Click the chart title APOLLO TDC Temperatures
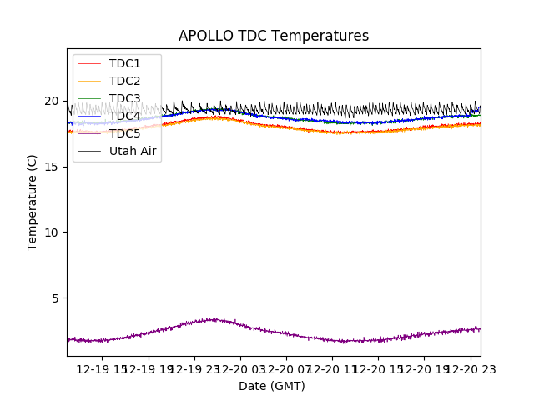[x=274, y=36]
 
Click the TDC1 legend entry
[x=125, y=64]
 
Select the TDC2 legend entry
[x=125, y=82]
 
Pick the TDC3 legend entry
[x=125, y=99]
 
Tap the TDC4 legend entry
[x=125, y=117]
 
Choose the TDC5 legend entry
[x=125, y=134]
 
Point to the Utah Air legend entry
[x=133, y=152]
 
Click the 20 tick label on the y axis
[x=52, y=102]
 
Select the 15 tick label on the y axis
[x=52, y=167]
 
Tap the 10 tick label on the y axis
[x=52, y=232]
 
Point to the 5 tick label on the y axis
[x=55, y=298]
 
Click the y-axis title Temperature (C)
[x=33, y=202]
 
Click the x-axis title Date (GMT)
[x=272, y=386]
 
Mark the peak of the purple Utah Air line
[x=215, y=318]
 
